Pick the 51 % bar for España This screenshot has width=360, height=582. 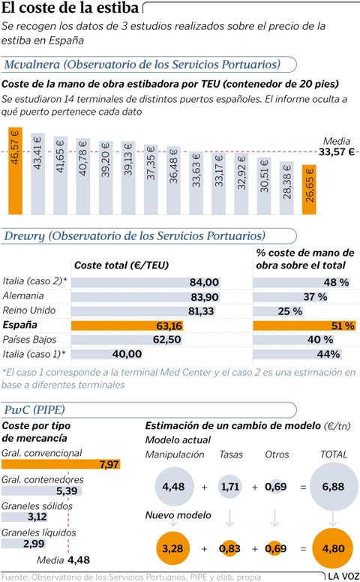click(x=304, y=325)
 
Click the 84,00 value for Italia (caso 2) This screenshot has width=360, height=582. click(x=204, y=282)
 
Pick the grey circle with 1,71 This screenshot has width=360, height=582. click(x=229, y=487)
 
